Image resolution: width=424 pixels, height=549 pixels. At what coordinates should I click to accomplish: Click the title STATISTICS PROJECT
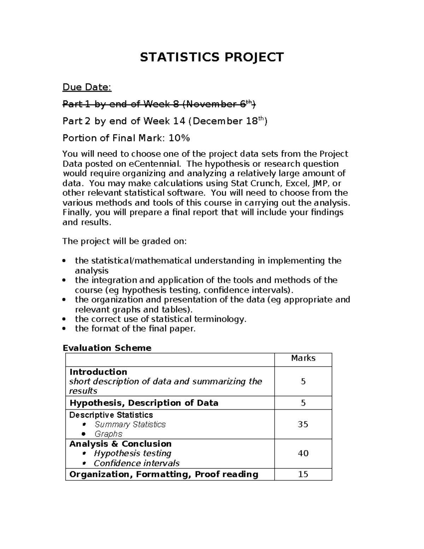(212, 57)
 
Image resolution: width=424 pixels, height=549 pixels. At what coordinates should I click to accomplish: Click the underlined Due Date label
(87, 87)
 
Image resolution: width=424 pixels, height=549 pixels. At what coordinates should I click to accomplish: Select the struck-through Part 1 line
(159, 104)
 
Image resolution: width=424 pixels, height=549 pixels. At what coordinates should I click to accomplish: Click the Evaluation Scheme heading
(107, 348)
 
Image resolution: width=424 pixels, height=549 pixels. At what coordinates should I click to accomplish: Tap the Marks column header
(303, 358)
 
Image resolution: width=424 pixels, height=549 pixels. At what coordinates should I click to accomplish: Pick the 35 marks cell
(303, 424)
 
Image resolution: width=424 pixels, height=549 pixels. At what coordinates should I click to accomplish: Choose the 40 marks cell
(303, 453)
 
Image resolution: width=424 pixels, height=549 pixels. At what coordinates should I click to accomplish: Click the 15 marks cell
(303, 474)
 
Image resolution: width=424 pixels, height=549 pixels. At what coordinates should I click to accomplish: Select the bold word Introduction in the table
(98, 372)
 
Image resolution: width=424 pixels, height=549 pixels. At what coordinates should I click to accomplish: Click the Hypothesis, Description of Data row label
(144, 403)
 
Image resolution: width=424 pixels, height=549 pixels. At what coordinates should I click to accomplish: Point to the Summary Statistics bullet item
(130, 424)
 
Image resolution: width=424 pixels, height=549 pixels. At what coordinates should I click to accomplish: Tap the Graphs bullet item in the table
(108, 434)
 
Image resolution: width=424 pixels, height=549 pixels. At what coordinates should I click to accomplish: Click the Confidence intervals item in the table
(136, 463)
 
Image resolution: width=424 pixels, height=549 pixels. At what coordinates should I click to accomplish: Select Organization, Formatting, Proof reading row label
(164, 474)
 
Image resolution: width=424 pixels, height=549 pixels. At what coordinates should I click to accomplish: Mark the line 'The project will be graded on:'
(124, 241)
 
